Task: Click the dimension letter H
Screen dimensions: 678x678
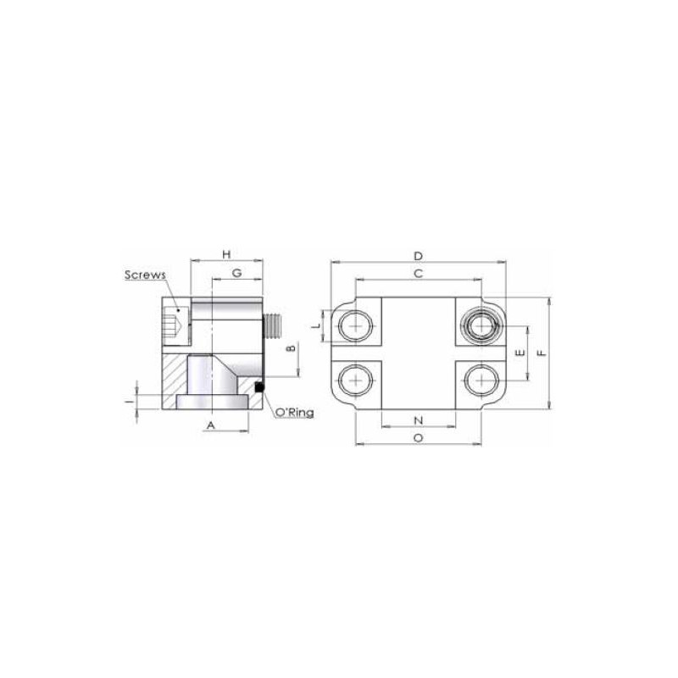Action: pyautogui.click(x=226, y=254)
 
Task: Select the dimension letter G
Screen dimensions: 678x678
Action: pyautogui.click(x=236, y=273)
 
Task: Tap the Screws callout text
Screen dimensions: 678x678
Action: pyautogui.click(x=145, y=275)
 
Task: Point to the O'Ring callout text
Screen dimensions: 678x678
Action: pyautogui.click(x=294, y=413)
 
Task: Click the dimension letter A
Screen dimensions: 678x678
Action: pyautogui.click(x=210, y=425)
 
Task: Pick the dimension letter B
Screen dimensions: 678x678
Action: pyautogui.click(x=292, y=347)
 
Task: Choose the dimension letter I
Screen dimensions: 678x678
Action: pyautogui.click(x=128, y=402)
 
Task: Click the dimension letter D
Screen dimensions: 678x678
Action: pyautogui.click(x=418, y=257)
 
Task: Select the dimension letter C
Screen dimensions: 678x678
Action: pyautogui.click(x=418, y=274)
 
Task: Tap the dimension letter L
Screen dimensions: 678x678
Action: pyautogui.click(x=317, y=325)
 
